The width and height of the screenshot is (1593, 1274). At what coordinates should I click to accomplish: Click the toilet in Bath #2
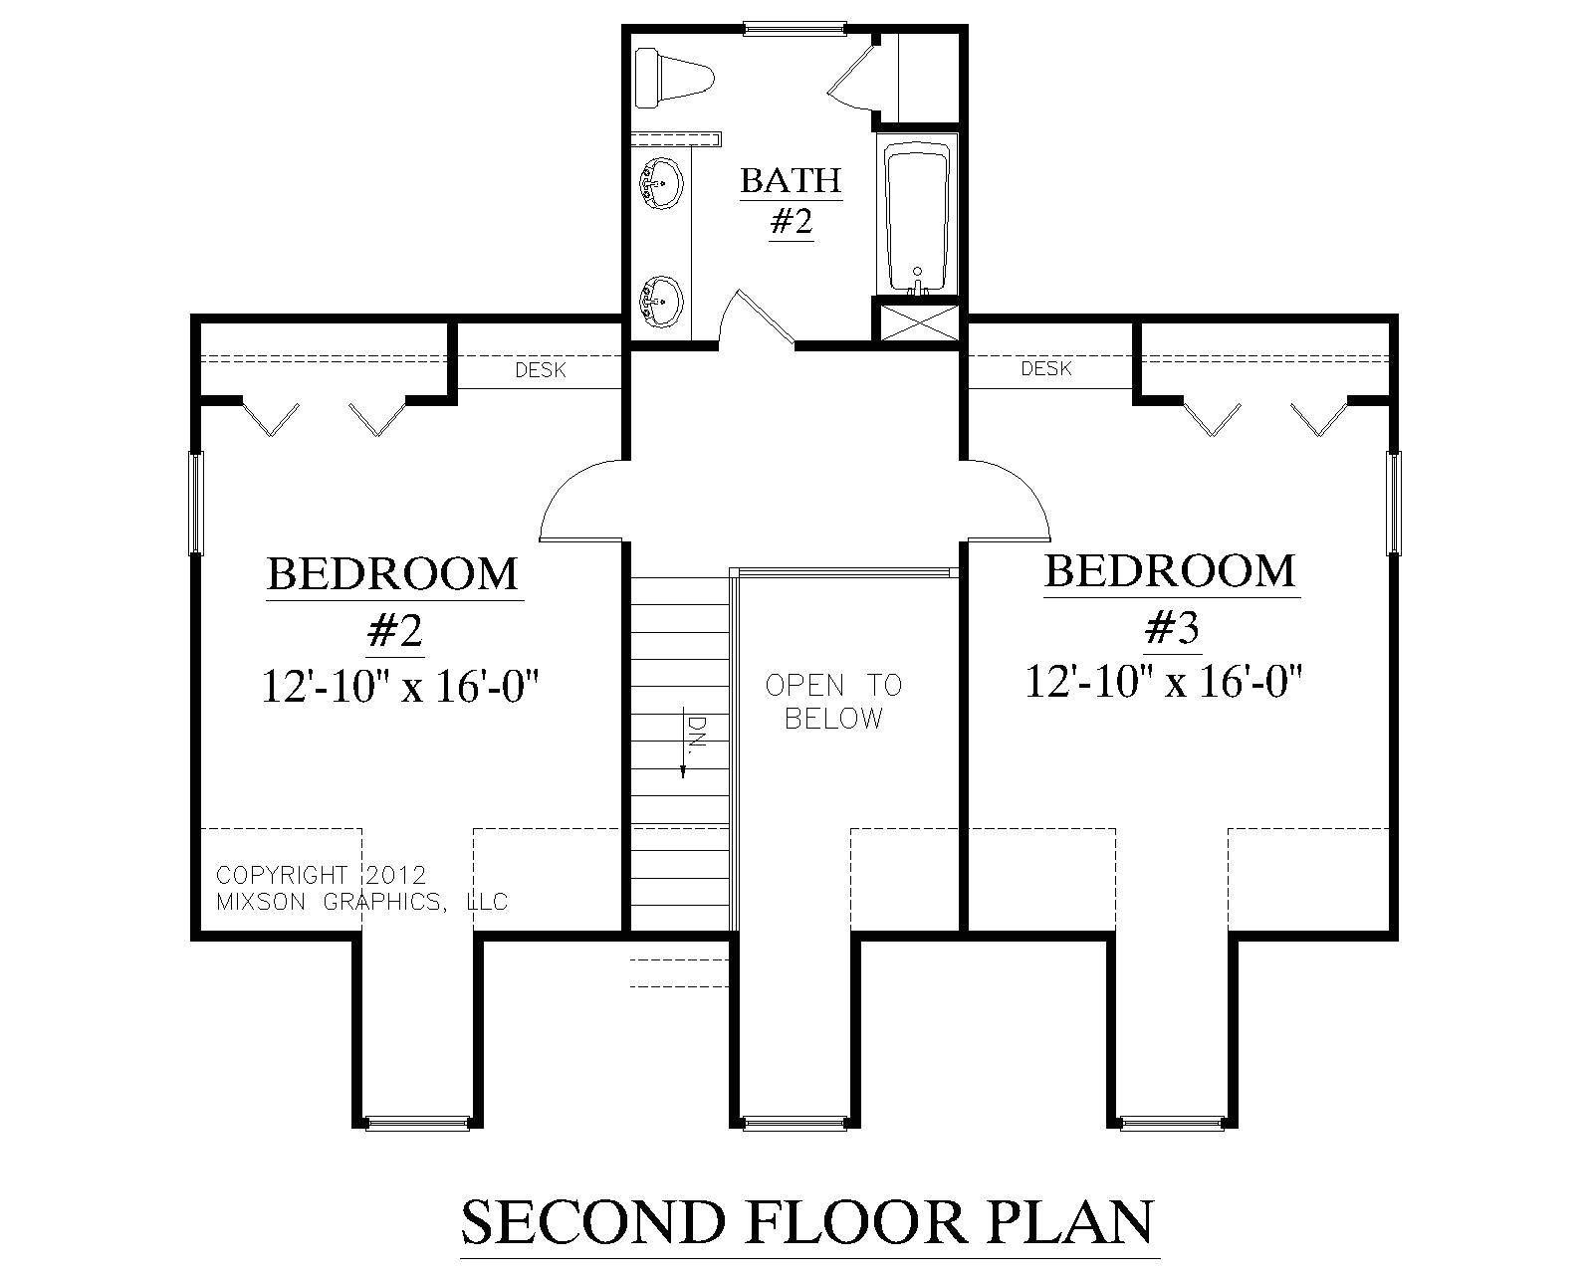tap(674, 80)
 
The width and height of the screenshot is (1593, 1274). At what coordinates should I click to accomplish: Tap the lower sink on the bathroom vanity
tap(660, 297)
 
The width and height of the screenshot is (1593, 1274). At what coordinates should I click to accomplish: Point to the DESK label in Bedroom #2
tap(541, 371)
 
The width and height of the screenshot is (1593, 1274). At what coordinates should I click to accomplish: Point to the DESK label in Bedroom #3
tap(1046, 369)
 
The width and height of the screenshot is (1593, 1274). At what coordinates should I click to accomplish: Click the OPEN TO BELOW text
tap(834, 701)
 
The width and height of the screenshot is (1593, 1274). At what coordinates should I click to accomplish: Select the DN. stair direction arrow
tap(687, 746)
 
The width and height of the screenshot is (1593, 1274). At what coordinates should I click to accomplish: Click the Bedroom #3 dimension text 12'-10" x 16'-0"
tap(1165, 683)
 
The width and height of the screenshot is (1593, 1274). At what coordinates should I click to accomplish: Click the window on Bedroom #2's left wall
tap(197, 503)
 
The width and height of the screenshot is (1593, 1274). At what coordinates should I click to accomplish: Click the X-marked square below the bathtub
tap(917, 322)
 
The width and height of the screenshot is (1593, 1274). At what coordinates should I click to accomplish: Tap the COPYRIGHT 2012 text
tap(321, 875)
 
